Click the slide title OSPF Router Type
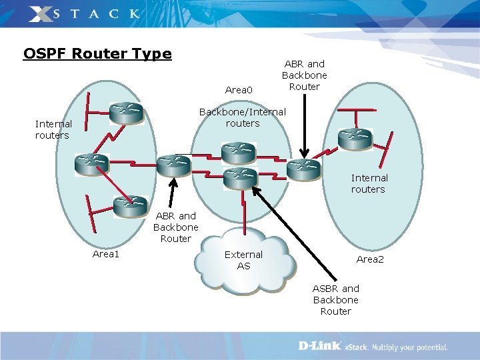(x=97, y=53)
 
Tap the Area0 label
(x=239, y=90)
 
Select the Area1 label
(x=105, y=254)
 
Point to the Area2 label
(x=370, y=259)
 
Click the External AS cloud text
(x=243, y=260)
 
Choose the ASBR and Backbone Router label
(x=336, y=300)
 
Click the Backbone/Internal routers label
(x=243, y=117)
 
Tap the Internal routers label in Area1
(x=53, y=129)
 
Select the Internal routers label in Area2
(x=369, y=183)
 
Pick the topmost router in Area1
(x=127, y=113)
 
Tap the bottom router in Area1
(x=130, y=206)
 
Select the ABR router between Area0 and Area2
(x=303, y=168)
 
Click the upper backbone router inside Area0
(x=238, y=153)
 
